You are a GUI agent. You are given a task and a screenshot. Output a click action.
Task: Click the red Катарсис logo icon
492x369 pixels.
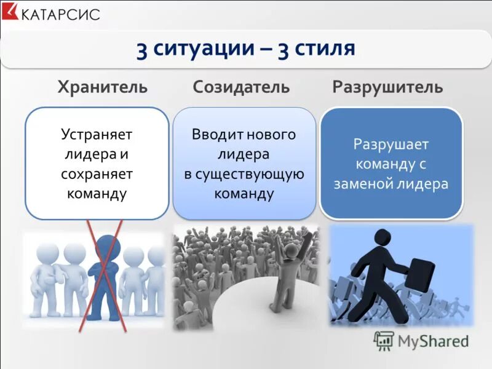(11, 12)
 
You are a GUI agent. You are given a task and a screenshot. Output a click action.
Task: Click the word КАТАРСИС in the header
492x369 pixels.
(60, 14)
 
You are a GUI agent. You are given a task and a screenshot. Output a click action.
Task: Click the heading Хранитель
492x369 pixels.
(103, 87)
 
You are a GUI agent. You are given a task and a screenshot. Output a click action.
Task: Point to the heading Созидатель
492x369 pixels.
(241, 87)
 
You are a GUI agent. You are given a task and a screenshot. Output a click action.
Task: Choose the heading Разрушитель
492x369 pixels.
(387, 87)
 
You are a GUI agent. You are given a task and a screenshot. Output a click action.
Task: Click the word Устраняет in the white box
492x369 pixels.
(97, 134)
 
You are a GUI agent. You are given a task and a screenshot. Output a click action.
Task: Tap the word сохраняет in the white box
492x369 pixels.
(97, 174)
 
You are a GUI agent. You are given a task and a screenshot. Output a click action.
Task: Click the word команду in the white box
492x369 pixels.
(97, 194)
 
